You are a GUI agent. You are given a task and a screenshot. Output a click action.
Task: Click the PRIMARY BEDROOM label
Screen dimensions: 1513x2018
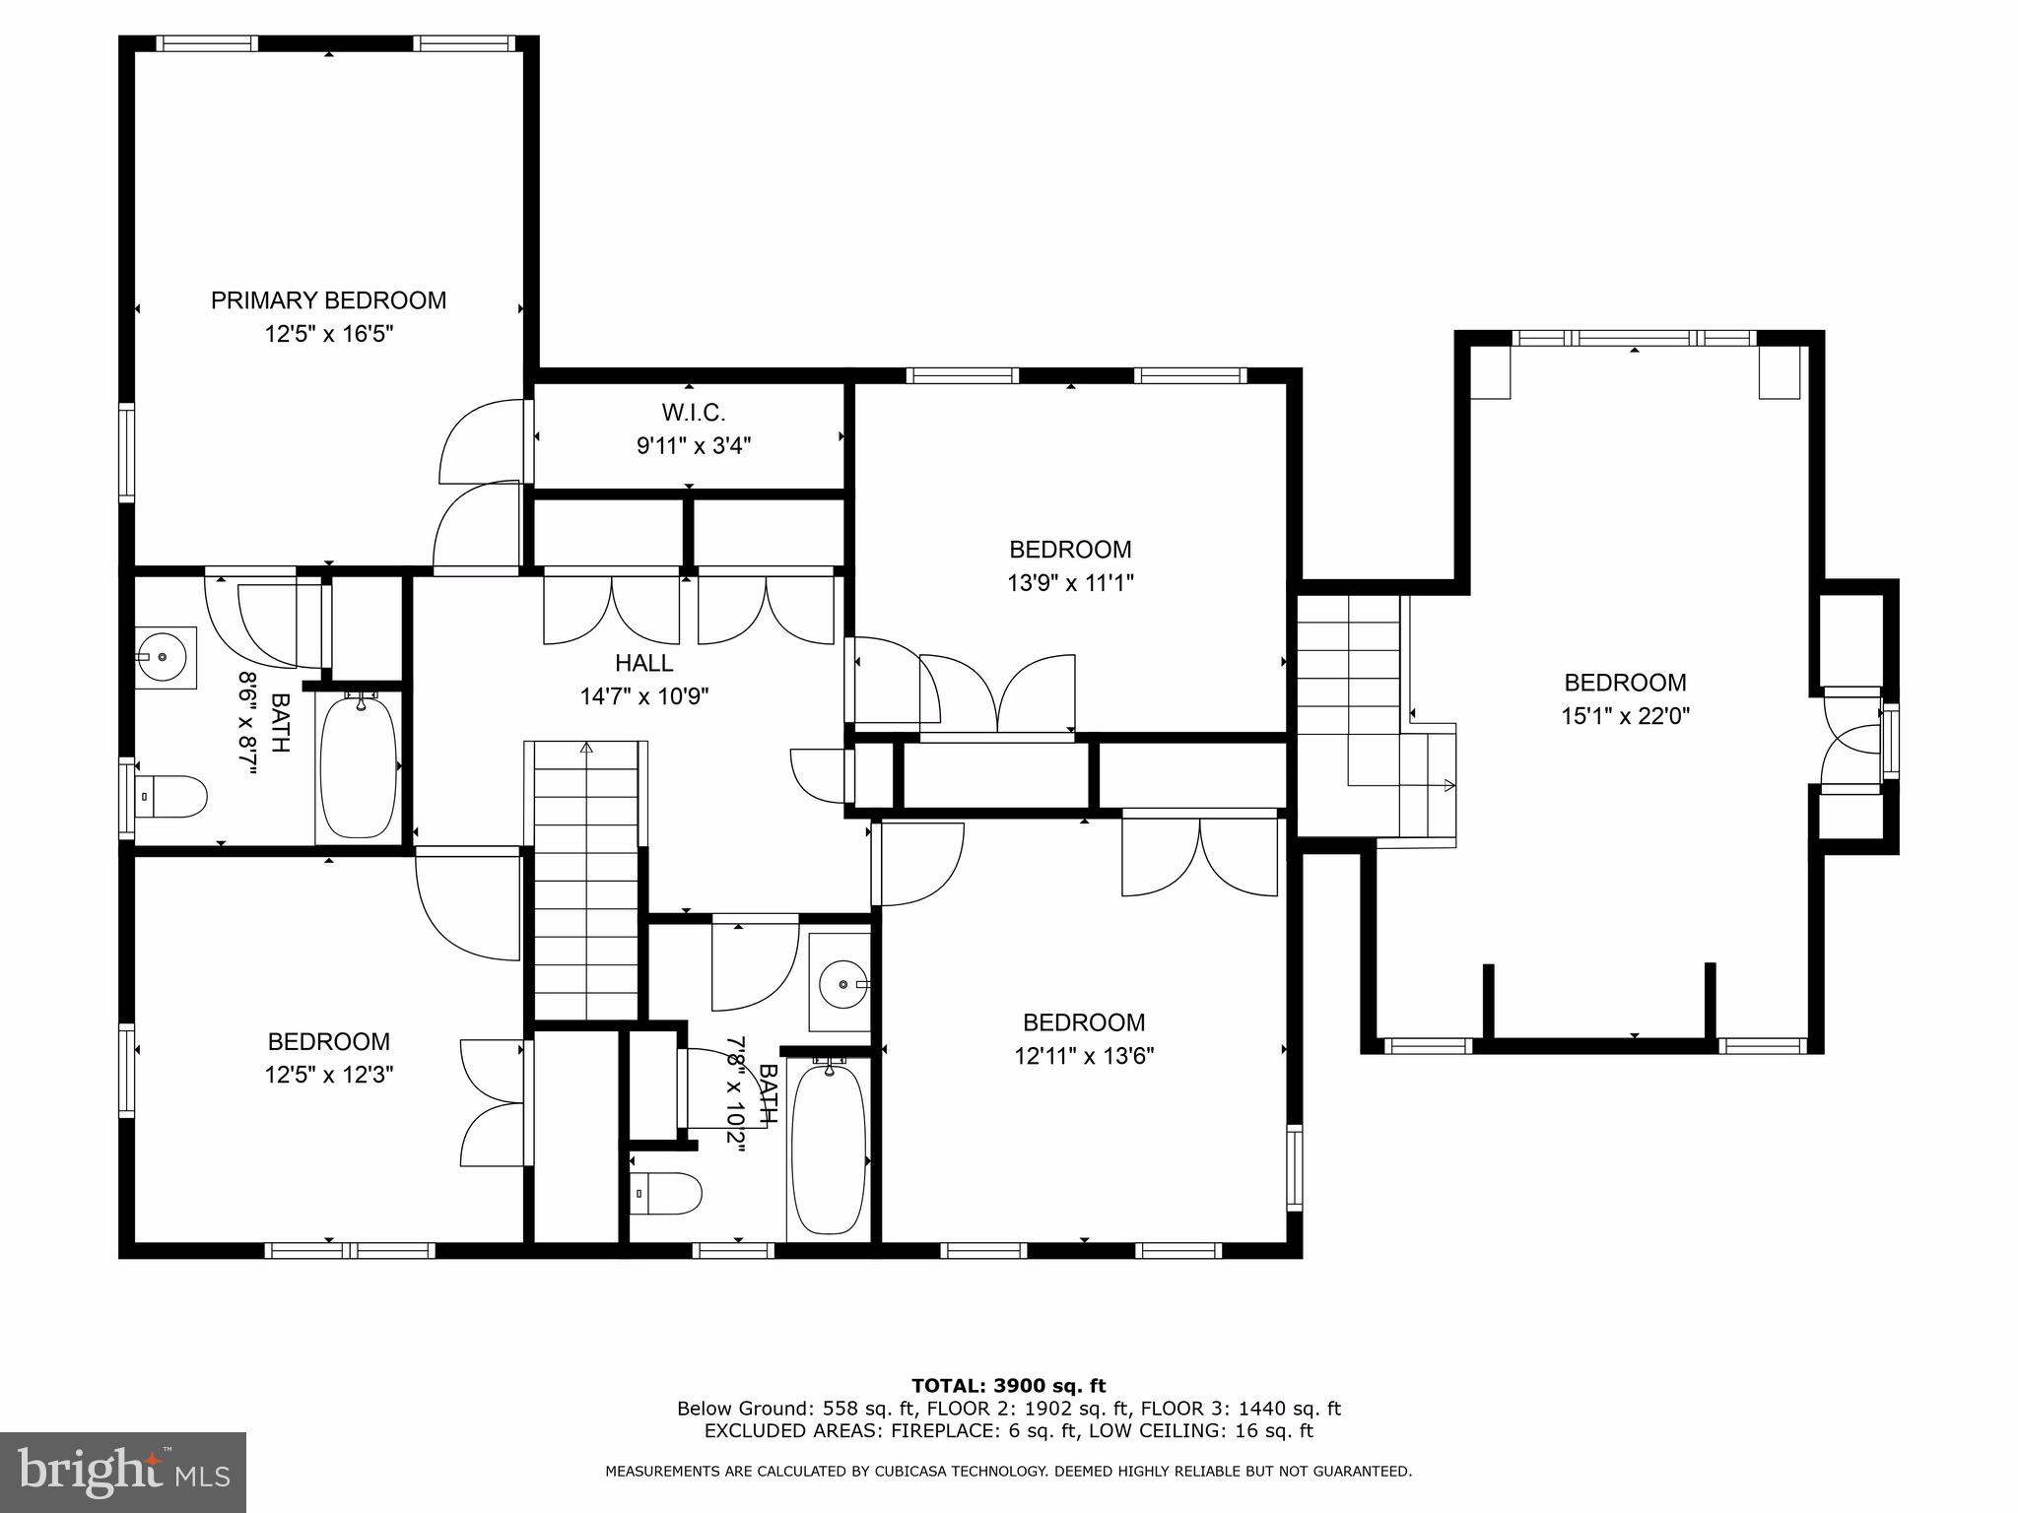point(328,300)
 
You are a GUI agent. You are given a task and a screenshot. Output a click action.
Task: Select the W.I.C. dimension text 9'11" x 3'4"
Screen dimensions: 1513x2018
point(694,446)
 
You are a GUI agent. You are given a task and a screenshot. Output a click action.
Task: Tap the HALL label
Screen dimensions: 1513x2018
point(644,663)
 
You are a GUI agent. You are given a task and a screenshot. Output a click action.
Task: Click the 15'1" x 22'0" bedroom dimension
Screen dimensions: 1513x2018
point(1625,716)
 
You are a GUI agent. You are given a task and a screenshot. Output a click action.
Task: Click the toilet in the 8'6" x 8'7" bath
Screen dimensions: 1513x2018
point(171,796)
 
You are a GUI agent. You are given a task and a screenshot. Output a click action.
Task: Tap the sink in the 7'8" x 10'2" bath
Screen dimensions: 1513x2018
point(841,983)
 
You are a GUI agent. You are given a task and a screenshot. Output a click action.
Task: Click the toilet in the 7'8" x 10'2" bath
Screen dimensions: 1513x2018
point(665,1193)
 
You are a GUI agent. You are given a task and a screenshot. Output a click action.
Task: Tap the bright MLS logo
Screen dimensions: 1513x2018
point(123,1472)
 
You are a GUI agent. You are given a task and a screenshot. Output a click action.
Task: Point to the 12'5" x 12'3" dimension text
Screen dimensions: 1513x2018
point(328,1075)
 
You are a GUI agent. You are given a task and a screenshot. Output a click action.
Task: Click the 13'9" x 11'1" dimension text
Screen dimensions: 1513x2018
point(1070,583)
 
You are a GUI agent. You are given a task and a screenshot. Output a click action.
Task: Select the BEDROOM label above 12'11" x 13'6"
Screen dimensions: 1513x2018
point(1084,1022)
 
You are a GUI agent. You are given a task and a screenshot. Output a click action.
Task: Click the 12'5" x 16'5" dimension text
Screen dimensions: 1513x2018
point(328,334)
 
